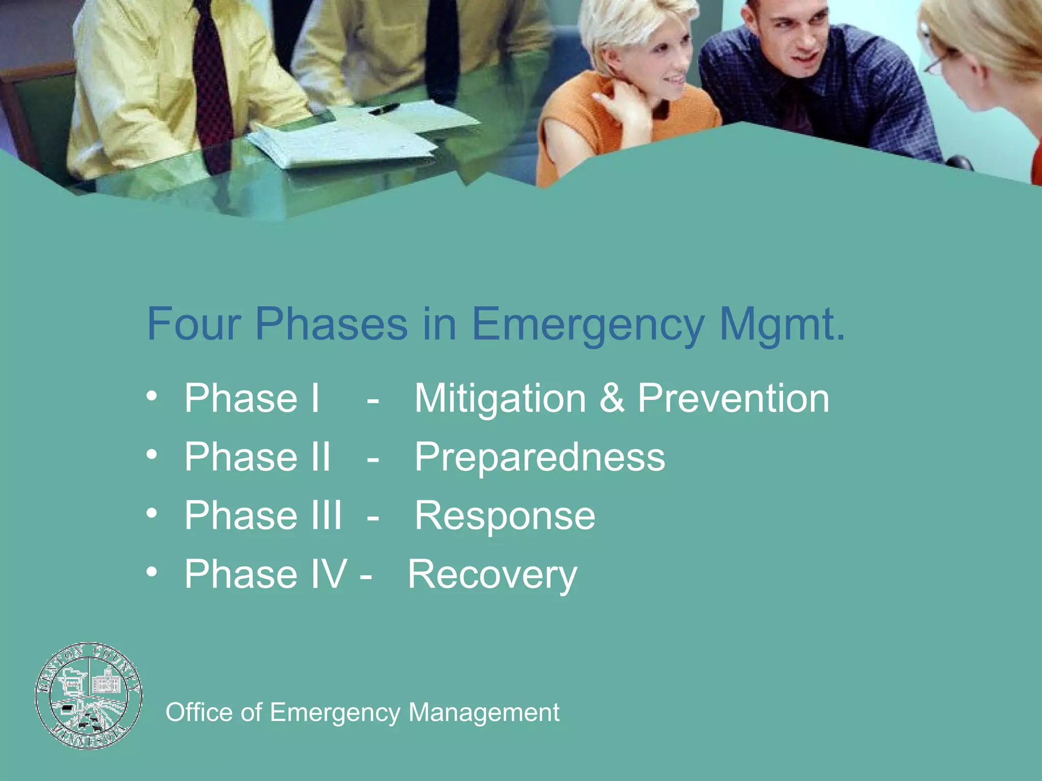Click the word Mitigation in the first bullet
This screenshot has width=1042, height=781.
click(x=500, y=399)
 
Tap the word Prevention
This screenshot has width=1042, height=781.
click(x=733, y=399)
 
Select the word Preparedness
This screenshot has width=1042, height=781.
click(x=539, y=458)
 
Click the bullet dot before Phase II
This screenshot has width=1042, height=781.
click(x=152, y=454)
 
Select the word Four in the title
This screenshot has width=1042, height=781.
click(x=193, y=324)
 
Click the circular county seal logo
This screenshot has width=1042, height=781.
click(x=89, y=696)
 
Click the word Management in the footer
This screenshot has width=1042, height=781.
click(x=484, y=712)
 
